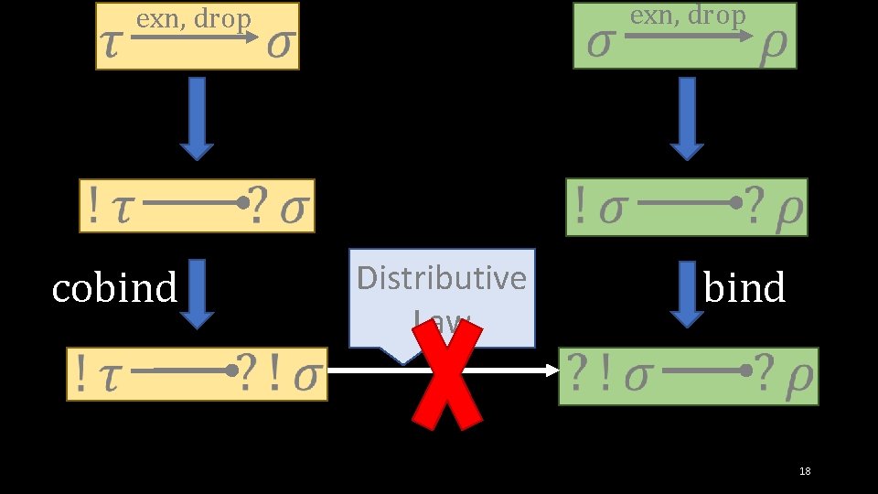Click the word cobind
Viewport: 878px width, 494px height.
(114, 288)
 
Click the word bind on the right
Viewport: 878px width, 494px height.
(744, 288)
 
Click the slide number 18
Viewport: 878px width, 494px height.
(805, 471)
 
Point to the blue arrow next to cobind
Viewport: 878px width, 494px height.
(197, 294)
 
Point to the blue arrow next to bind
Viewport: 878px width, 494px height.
(687, 294)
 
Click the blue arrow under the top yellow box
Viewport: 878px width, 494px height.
(197, 118)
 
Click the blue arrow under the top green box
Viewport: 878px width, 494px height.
(687, 118)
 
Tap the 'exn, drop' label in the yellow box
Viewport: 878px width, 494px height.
(193, 19)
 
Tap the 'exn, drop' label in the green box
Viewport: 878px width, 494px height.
(688, 16)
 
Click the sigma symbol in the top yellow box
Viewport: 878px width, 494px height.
(281, 47)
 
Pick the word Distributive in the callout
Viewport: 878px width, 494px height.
(442, 277)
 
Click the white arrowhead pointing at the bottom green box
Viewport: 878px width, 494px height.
(551, 370)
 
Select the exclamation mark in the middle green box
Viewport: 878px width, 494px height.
(580, 208)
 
